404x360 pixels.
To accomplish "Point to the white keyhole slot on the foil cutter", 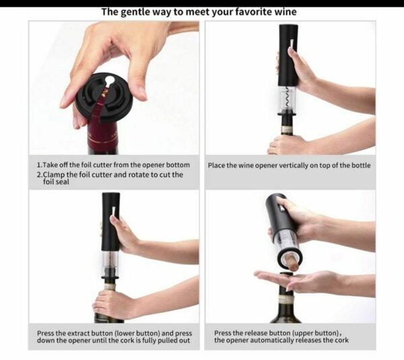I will pos(110,81).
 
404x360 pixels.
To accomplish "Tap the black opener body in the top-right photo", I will pos(288,54).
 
